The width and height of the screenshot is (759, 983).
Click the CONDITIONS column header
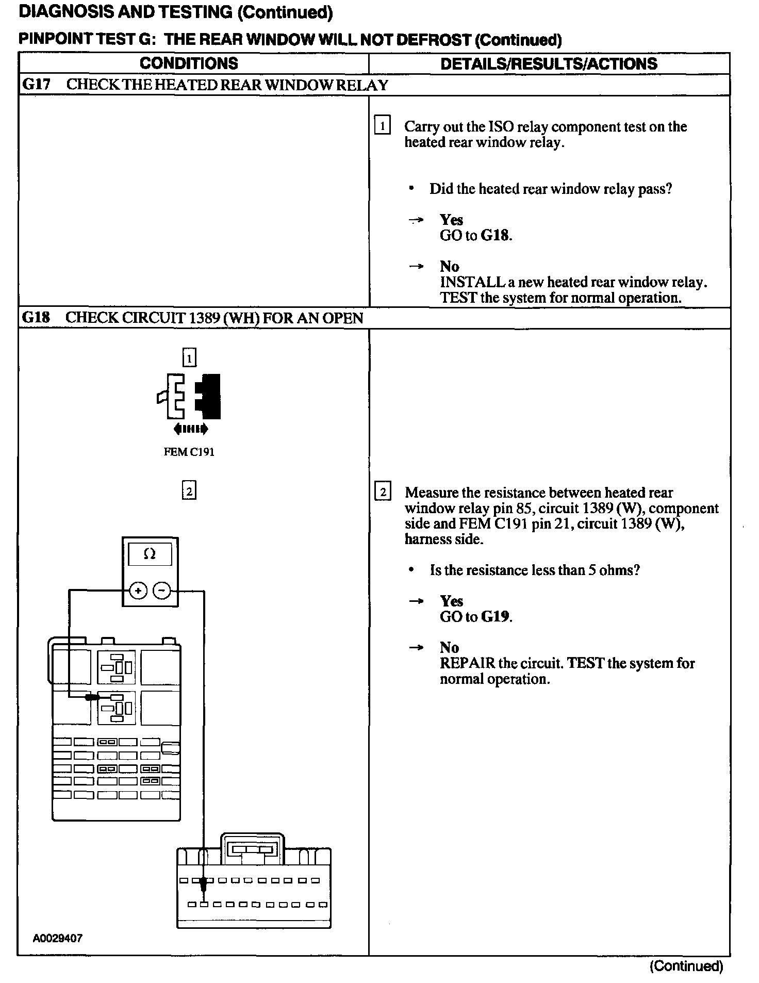click(189, 63)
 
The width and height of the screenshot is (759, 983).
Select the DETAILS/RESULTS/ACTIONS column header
click(549, 64)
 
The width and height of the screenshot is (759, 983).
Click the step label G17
click(36, 85)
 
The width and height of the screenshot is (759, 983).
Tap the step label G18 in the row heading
click(36, 318)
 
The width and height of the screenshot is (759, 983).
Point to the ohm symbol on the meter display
click(150, 554)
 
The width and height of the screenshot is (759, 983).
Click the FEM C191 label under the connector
click(189, 452)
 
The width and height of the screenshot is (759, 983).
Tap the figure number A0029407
click(57, 938)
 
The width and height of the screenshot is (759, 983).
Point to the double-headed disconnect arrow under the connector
click(191, 429)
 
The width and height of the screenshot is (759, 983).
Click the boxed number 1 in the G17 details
click(382, 126)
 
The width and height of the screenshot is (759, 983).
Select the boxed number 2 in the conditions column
click(189, 490)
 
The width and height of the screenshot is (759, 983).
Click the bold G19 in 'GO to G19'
click(495, 617)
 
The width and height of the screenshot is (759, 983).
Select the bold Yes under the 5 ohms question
click(451, 601)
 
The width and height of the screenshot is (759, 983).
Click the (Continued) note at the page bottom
click(686, 966)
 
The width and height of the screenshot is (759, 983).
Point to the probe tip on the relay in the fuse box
click(93, 697)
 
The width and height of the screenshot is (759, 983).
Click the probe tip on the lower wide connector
click(204, 886)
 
